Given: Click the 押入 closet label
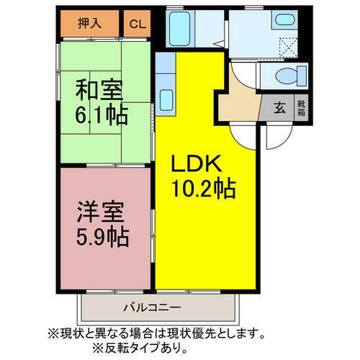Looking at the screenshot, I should click(x=89, y=23).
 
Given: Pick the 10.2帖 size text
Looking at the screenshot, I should click(x=202, y=189).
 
